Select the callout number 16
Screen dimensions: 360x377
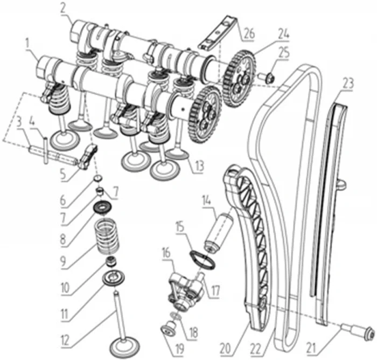(165, 251)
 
